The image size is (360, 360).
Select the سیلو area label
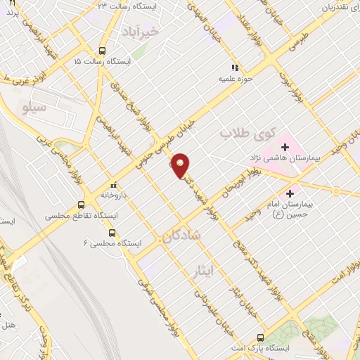pyautogui.click(x=34, y=108)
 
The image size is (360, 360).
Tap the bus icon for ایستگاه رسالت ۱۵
pyautogui.click(x=103, y=51)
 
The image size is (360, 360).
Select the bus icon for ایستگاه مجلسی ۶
pyautogui.click(x=112, y=233)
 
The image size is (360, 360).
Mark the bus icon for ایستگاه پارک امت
pyautogui.click(x=260, y=337)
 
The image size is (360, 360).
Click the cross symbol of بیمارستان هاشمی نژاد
pyautogui.click(x=285, y=147)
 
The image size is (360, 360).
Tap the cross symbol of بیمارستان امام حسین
pyautogui.click(x=290, y=193)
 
